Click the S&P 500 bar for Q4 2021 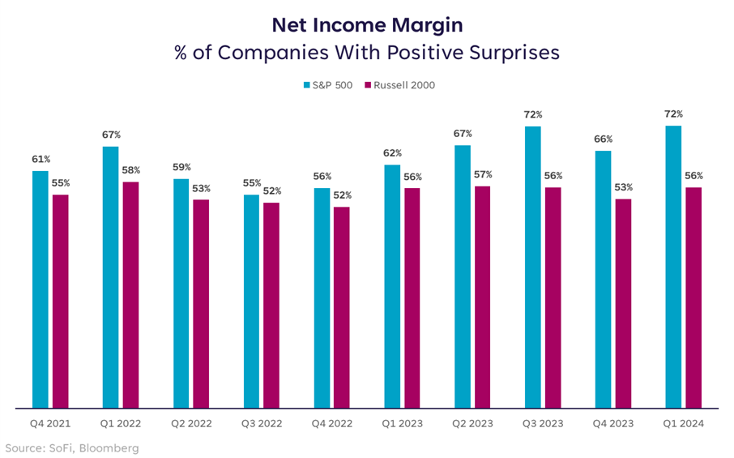(40, 289)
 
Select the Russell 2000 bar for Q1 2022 (130, 294)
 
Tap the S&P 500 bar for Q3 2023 (532, 267)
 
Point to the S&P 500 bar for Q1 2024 (672, 267)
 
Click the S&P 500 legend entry (328, 85)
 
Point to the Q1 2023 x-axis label (401, 424)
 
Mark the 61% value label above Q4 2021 (41, 159)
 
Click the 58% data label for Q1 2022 (130, 170)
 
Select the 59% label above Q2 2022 (181, 167)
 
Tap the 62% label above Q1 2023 (392, 153)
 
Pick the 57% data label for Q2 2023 (483, 174)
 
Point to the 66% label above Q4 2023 (603, 139)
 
